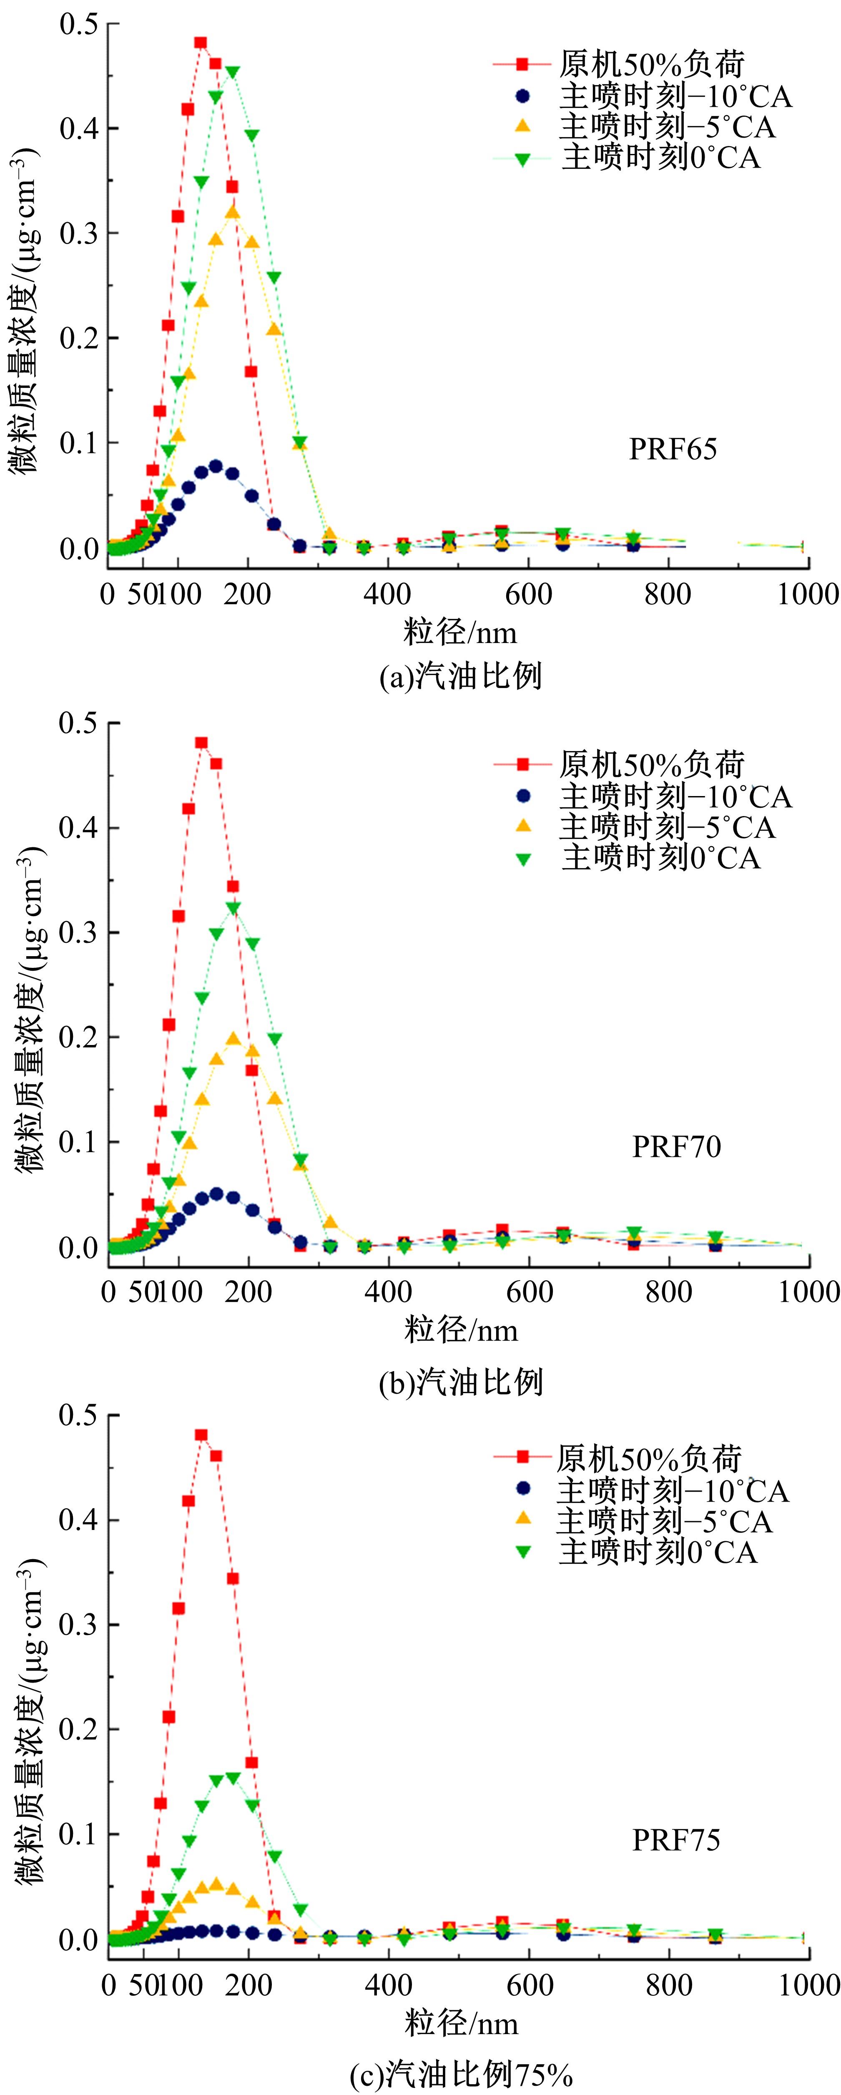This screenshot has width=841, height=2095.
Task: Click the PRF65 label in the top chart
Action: [673, 449]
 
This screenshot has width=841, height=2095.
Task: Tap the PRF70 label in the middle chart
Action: [676, 1147]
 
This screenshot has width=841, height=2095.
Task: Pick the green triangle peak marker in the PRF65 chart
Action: [233, 73]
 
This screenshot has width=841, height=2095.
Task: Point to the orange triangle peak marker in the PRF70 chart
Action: [233, 1039]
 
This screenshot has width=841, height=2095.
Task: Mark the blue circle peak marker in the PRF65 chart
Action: [216, 466]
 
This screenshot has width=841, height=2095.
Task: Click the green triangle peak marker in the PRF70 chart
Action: [233, 908]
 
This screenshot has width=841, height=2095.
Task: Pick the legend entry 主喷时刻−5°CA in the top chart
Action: [667, 126]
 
